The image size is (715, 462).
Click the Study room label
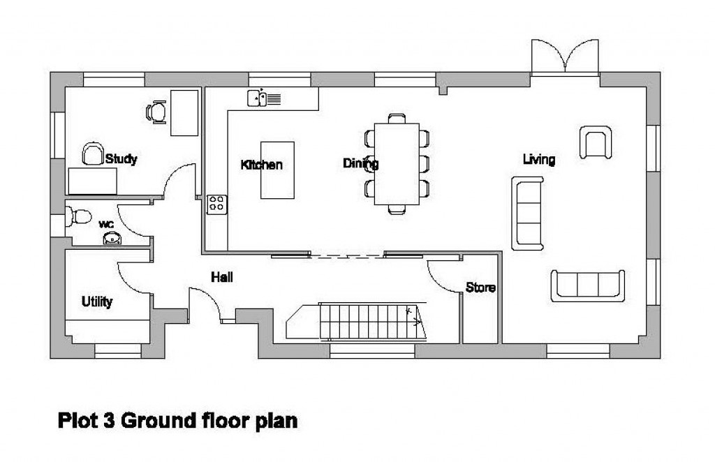pos(121,159)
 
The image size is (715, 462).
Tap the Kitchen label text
pos(262,165)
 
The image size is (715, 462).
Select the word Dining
pos(360,164)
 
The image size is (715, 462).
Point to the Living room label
pos(539,160)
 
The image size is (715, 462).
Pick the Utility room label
pos(97,302)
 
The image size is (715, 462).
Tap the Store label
pos(480,287)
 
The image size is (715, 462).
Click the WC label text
pos(106,224)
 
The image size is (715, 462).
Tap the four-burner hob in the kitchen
pos(217,204)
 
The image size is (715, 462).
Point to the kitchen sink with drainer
pos(263,98)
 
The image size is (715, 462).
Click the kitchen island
pos(277,170)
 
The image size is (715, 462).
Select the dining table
pos(396,164)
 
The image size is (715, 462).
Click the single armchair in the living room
pos(596,142)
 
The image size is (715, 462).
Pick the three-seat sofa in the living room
pos(587,285)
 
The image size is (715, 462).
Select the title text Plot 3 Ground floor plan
pos(177,422)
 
